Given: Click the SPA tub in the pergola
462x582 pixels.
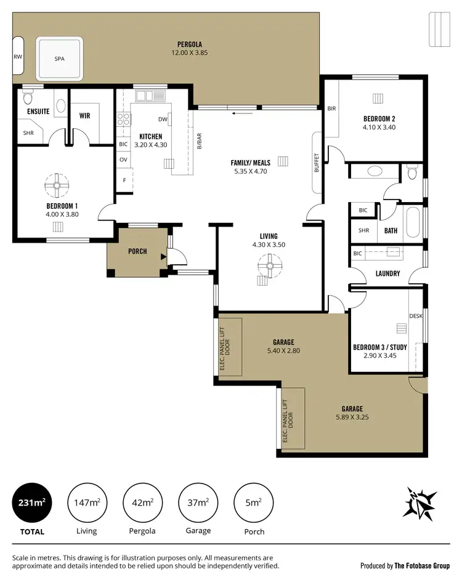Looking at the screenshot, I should (59, 59).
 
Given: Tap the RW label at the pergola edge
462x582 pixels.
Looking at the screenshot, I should (17, 57).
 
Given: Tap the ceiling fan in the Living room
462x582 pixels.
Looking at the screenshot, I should (267, 269).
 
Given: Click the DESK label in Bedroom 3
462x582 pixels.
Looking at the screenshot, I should (416, 316).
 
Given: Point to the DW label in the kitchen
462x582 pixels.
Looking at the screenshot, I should (163, 119).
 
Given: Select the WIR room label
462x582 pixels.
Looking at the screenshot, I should (85, 115).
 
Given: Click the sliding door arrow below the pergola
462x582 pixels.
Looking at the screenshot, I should (243, 113).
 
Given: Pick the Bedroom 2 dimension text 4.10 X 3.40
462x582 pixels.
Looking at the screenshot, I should (379, 127).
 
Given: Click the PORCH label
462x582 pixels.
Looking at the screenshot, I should (137, 251).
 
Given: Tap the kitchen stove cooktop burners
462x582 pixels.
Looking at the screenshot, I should (123, 119).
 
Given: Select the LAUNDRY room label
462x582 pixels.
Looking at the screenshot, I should (387, 273).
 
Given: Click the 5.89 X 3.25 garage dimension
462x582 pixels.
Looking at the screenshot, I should (352, 417).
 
